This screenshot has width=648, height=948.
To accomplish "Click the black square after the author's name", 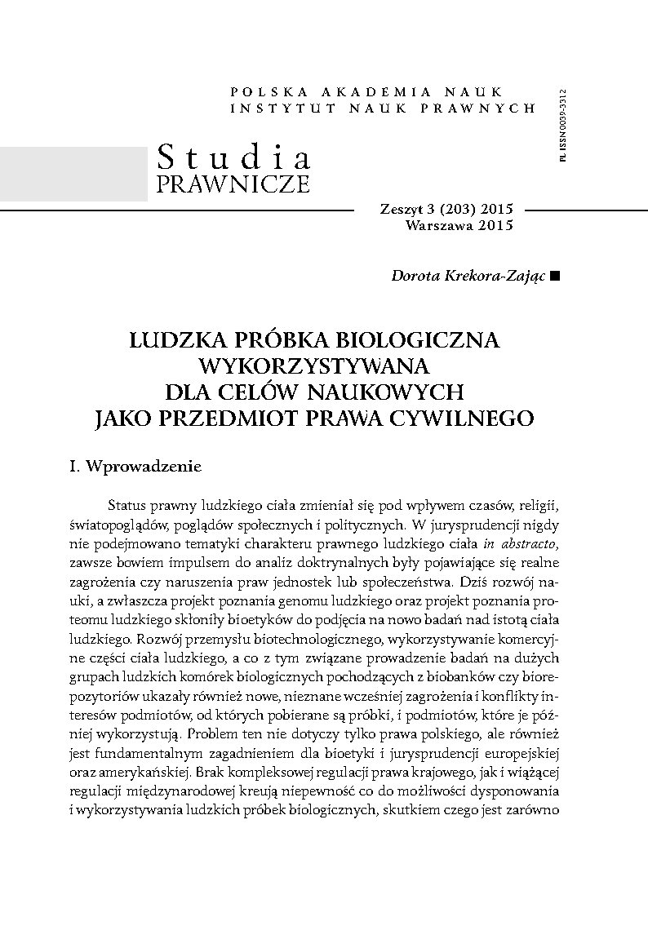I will click(x=556, y=277).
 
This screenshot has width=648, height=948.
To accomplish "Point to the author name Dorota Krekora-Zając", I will click(x=469, y=277).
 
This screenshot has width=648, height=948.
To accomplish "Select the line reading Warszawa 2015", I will click(x=458, y=226).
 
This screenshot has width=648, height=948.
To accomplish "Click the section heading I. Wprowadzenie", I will click(x=135, y=468).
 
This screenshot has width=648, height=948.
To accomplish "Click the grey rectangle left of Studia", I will click(x=73, y=174).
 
